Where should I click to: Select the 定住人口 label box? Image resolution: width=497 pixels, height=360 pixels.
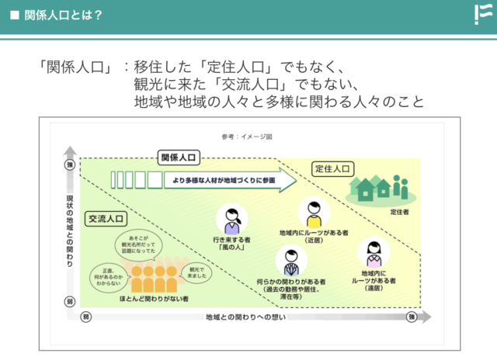(334, 168)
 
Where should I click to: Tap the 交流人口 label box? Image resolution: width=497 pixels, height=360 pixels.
(107, 219)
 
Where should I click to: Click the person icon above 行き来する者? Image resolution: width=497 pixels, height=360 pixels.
(231, 221)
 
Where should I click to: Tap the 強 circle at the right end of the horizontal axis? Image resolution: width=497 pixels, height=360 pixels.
(412, 317)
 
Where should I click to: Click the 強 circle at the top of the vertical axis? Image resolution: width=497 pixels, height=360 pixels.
(69, 165)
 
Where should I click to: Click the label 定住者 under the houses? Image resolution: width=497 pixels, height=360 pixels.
(399, 211)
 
